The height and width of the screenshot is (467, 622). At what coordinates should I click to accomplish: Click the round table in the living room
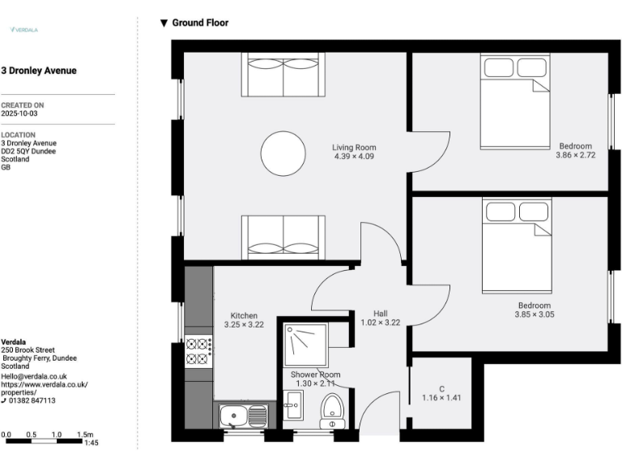point(283,153)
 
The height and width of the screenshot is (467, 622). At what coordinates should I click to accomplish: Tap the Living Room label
point(354,148)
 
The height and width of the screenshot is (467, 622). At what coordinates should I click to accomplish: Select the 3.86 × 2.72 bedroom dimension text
point(575,155)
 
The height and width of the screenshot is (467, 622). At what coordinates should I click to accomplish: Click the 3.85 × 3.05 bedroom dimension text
point(535,315)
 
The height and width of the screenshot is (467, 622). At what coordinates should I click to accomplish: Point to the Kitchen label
point(244,315)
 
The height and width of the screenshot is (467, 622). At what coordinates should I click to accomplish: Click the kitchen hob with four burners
point(199,351)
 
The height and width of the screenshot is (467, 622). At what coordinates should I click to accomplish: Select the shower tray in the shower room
point(306,345)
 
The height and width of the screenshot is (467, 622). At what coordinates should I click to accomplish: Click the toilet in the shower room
point(332,409)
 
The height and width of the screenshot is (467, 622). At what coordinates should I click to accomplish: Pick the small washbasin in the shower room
point(292,403)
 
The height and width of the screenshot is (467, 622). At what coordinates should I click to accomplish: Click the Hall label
point(380,313)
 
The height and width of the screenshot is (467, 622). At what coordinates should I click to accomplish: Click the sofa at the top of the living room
point(283,75)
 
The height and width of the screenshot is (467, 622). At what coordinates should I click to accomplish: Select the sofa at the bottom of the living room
point(283,237)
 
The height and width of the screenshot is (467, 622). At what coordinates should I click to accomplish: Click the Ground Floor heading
point(199,23)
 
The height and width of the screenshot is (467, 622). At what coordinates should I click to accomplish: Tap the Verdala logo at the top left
point(23,30)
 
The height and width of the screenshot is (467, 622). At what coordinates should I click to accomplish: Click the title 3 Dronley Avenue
point(39,71)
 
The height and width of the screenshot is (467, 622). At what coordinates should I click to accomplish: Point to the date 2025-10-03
point(19,114)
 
